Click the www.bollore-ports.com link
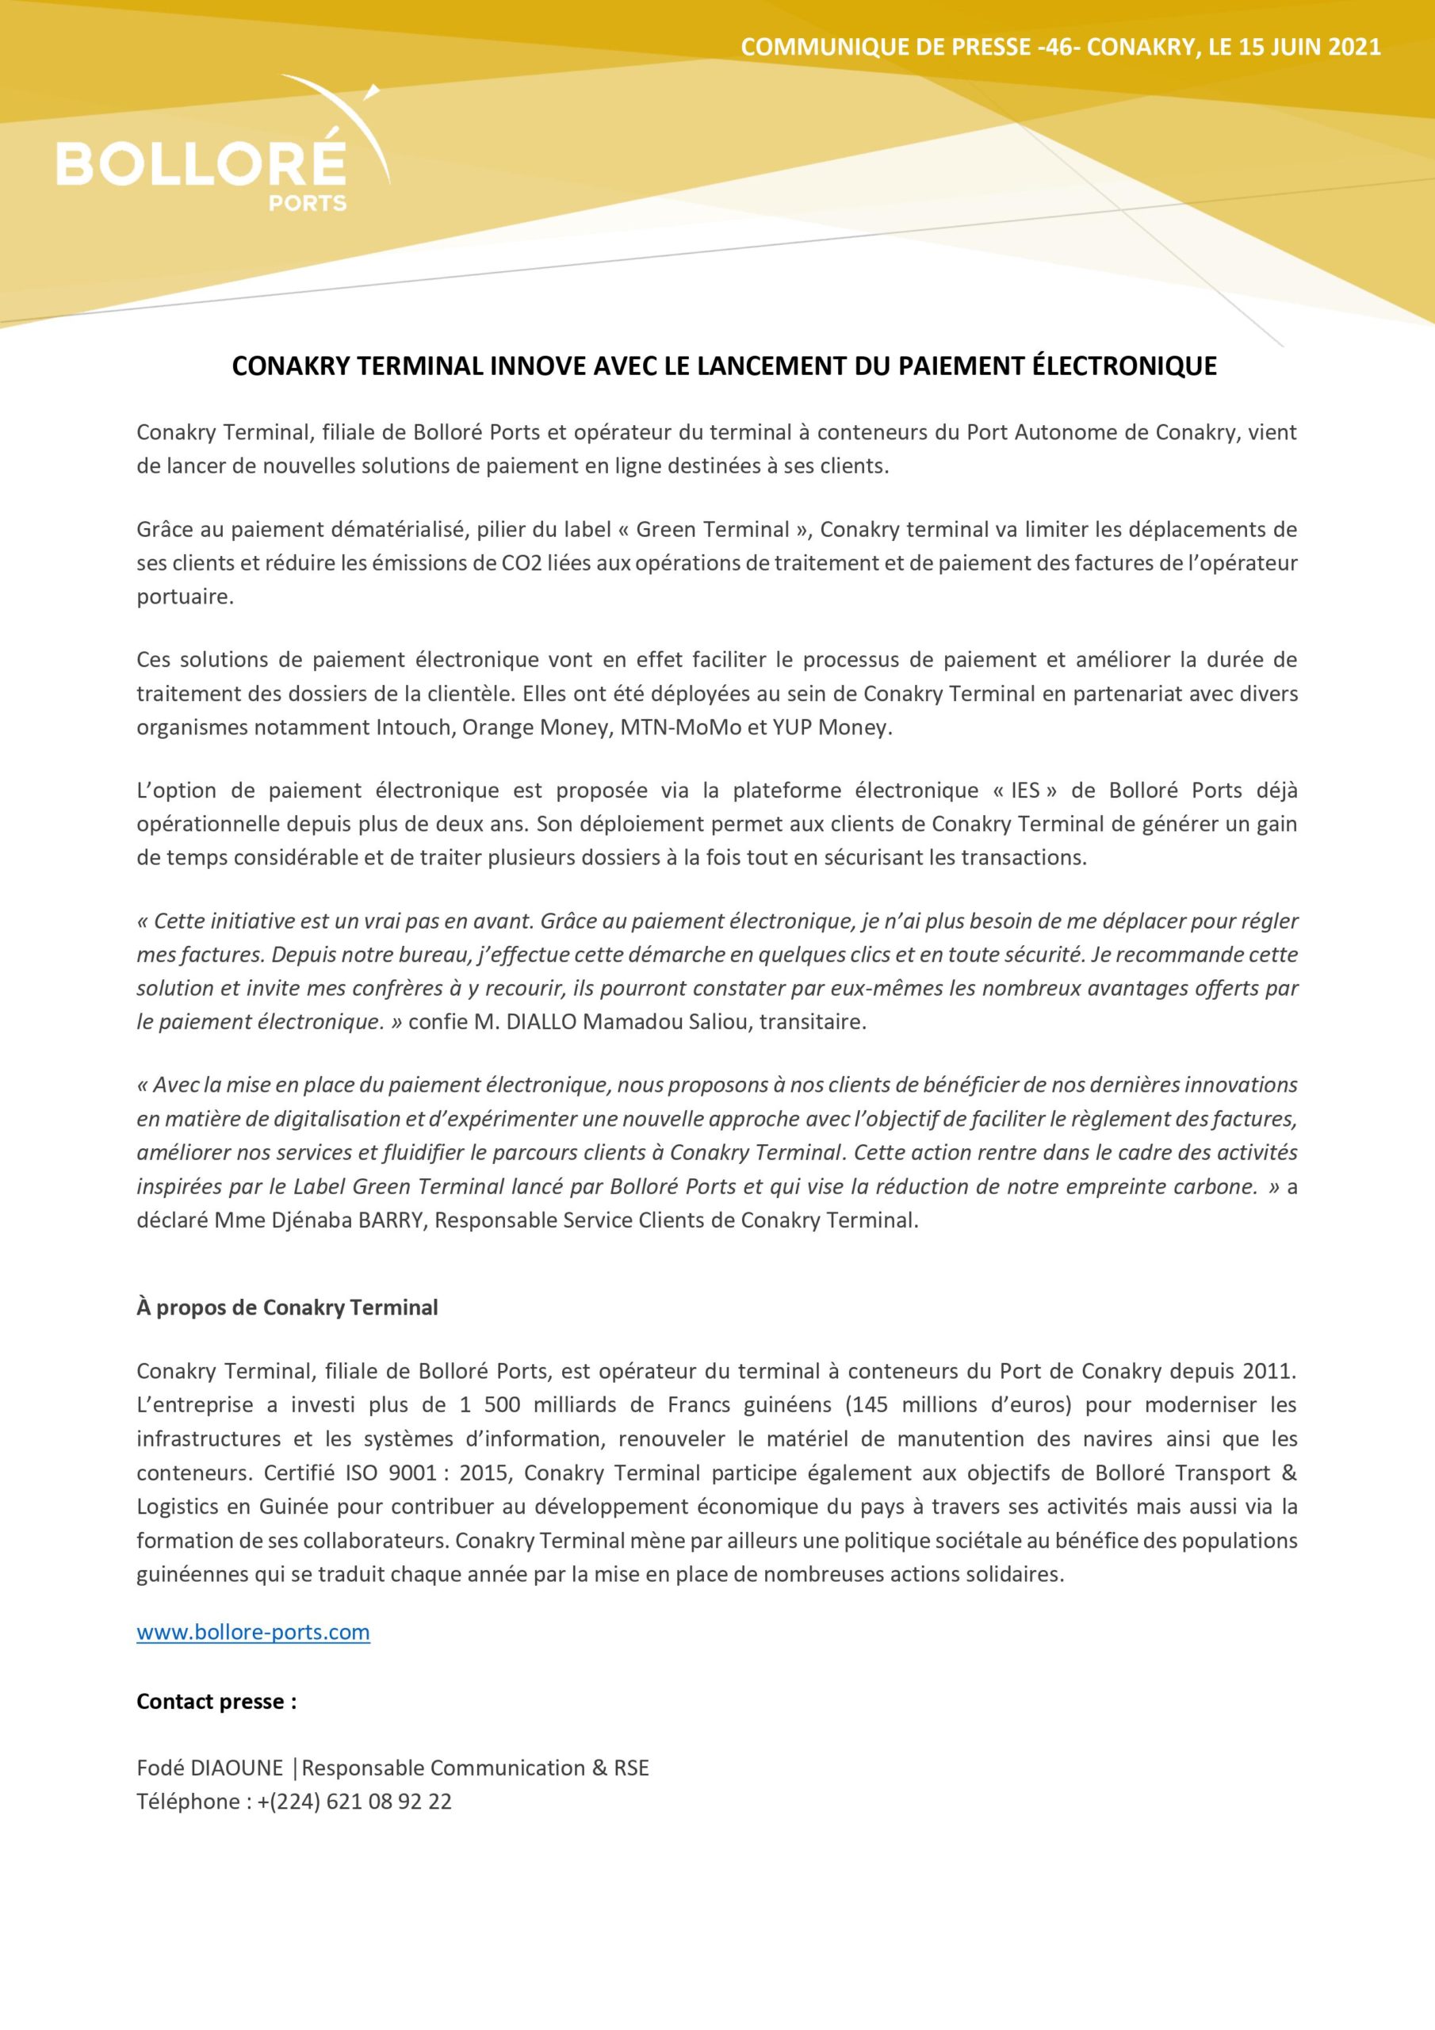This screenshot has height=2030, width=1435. point(253,1632)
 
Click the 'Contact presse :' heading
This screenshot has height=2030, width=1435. point(216,1701)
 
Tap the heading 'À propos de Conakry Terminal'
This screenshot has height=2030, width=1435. point(286,1308)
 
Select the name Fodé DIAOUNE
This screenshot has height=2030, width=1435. point(209,1768)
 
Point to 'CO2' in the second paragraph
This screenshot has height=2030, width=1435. point(516,563)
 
